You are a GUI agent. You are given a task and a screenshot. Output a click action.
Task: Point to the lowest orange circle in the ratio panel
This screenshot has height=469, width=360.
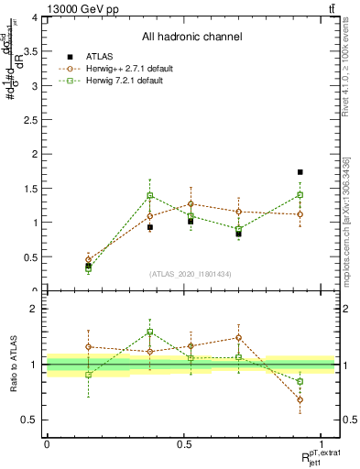click(x=300, y=399)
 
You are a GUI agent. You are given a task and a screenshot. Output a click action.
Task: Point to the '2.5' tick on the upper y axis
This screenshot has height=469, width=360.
click(x=30, y=120)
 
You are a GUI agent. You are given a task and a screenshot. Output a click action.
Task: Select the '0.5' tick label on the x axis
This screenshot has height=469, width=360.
click(x=184, y=444)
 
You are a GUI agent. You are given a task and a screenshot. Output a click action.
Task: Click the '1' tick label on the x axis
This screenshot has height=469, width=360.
click(x=322, y=444)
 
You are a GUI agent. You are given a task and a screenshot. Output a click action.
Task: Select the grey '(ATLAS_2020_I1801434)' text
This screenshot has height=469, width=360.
click(x=191, y=274)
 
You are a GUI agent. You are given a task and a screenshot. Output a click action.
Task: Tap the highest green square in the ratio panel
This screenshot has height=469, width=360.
click(x=150, y=332)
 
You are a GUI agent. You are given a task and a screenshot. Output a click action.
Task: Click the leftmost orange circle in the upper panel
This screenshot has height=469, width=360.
click(x=89, y=259)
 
